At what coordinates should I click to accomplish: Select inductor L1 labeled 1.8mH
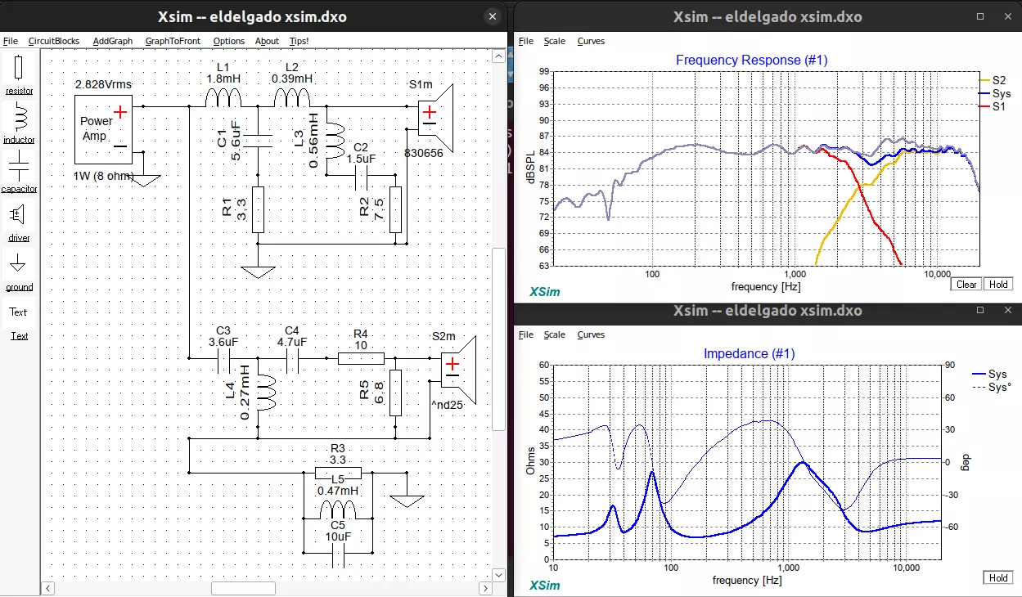tap(223, 98)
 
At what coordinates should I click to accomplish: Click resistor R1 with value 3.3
tap(258, 209)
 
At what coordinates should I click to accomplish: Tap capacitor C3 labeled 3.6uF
tap(223, 358)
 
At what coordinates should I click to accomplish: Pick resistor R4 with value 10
tap(361, 358)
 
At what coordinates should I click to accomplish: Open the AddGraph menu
tap(112, 41)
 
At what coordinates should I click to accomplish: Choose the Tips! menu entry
tap(299, 41)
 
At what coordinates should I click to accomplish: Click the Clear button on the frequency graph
tap(966, 285)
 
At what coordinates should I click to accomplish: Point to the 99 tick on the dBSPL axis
tap(543, 72)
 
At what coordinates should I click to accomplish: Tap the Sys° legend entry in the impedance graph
tap(999, 387)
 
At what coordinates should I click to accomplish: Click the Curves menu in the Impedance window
tap(591, 334)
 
